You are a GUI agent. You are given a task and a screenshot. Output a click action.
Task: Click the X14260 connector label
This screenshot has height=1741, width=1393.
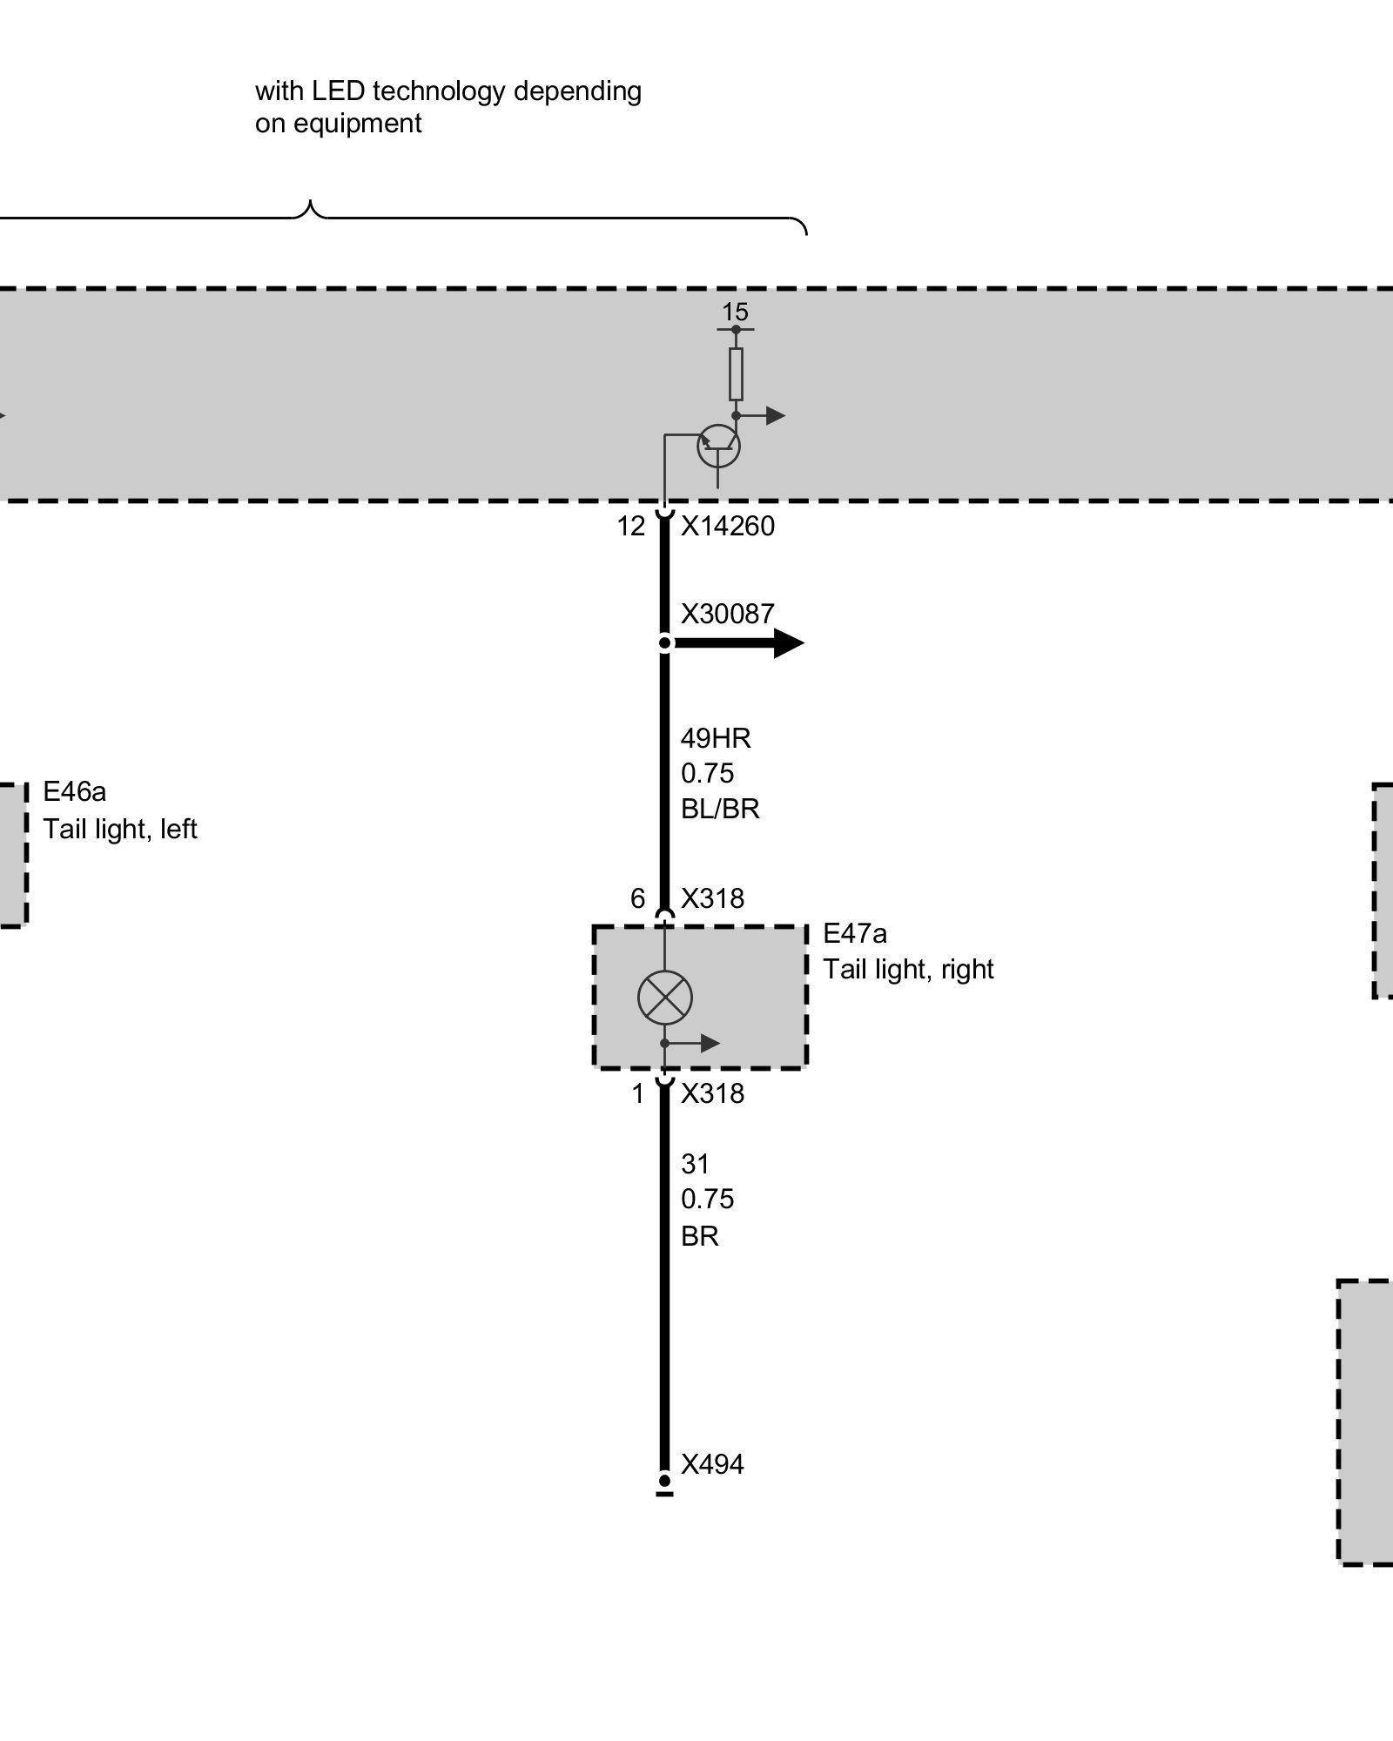[x=727, y=527]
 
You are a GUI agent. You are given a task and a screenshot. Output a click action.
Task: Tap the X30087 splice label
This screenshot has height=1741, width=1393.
[x=727, y=615]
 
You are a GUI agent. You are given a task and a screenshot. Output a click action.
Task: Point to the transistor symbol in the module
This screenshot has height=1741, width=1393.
[x=718, y=447]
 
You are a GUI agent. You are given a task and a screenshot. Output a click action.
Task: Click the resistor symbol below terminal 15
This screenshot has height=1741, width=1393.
[x=736, y=374]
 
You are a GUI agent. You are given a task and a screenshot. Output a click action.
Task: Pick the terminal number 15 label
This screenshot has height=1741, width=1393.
[x=735, y=312]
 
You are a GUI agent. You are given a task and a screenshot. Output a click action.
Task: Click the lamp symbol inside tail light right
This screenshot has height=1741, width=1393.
[x=664, y=997]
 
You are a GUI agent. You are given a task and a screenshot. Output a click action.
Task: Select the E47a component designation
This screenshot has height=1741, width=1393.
[x=855, y=934]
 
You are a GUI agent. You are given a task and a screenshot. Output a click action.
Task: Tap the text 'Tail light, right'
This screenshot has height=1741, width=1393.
[x=908, y=970]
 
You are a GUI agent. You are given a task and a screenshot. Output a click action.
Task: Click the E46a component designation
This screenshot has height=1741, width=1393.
[x=75, y=792]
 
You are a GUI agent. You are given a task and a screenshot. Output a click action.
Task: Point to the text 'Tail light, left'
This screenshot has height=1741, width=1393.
[x=120, y=830]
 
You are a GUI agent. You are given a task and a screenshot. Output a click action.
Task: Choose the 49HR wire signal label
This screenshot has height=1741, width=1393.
[x=716, y=739]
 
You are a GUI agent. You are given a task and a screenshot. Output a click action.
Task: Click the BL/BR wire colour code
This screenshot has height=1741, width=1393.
[x=720, y=810]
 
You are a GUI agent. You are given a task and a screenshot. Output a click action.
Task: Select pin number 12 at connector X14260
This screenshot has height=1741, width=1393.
[x=631, y=527]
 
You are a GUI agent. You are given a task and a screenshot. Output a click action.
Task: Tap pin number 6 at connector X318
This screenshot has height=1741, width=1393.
[x=638, y=898]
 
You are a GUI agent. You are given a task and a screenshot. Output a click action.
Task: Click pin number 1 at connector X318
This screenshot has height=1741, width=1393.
[x=638, y=1094]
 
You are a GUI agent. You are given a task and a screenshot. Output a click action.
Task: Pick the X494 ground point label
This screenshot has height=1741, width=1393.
[x=712, y=1465]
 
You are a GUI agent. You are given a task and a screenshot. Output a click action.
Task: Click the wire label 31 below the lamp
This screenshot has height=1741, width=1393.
[x=695, y=1164]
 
